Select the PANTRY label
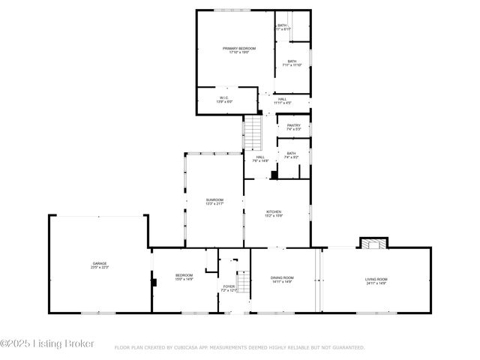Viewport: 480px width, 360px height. (x=293, y=125)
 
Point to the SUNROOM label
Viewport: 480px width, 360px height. (x=214, y=199)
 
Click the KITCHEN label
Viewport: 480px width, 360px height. (x=274, y=212)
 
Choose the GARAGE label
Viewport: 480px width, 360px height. (x=99, y=263)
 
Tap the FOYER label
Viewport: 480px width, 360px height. (x=229, y=286)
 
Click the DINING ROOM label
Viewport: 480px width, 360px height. (x=282, y=278)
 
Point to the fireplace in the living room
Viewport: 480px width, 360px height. (x=373, y=243)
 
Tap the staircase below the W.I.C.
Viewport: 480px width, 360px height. (x=254, y=133)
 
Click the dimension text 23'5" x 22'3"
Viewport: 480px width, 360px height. (x=99, y=268)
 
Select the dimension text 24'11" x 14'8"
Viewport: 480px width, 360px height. (x=376, y=283)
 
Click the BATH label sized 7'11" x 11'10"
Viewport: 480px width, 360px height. (x=291, y=61)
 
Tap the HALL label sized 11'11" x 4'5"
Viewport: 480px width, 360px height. (x=282, y=99)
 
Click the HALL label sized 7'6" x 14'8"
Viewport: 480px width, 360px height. (x=259, y=157)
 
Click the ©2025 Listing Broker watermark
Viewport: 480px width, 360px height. (x=47, y=344)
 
